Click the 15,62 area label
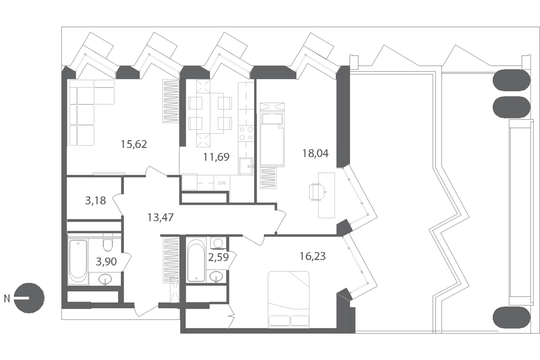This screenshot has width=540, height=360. pos(134,144)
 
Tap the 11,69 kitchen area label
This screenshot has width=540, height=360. pos(216,157)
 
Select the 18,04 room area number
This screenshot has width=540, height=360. pos(315,153)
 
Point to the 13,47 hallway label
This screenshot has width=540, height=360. pos(160,217)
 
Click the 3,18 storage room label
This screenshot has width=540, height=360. pos(96,200)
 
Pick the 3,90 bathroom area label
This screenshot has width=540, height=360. pos(106,262)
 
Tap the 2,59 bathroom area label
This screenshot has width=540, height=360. pos(218,257)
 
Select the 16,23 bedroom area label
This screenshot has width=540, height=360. pos(313,256)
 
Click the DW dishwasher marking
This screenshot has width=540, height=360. pos(222,183)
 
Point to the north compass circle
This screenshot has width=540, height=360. pos(30,298)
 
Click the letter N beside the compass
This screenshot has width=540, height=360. pos(7,299)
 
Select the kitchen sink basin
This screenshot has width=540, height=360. pos(246,166)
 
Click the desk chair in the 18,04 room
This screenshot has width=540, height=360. pos(317,192)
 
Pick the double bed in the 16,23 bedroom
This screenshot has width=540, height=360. pos(289,298)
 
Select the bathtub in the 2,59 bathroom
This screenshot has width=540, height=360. pos(196,261)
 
